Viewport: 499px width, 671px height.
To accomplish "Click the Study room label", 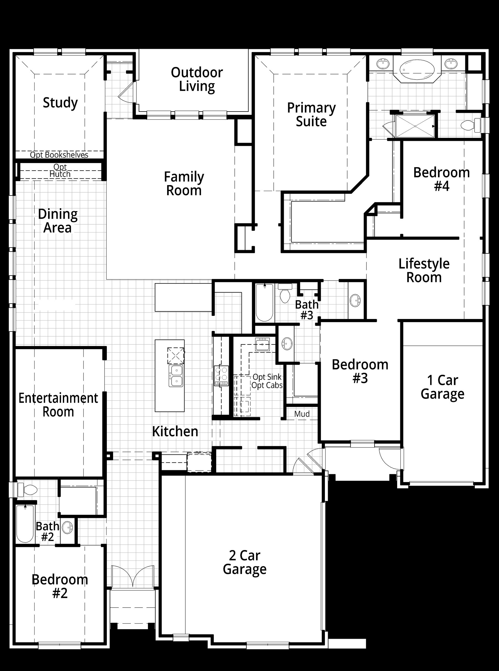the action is coord(60,103).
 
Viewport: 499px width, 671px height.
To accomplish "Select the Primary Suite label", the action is coord(311,115).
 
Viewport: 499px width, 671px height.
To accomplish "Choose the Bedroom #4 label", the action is coord(442,179).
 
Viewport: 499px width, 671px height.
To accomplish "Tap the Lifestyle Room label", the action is coord(424,270).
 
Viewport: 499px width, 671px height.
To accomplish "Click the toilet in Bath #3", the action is coord(285,293).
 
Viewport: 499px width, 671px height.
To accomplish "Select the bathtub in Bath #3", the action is coord(265,302).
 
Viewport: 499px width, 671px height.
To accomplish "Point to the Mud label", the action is coord(302,414).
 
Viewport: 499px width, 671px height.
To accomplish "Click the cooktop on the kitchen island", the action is coord(175,356).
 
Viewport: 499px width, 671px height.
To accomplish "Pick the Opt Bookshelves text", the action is coord(59,155).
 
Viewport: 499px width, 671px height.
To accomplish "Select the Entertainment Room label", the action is coord(58,405).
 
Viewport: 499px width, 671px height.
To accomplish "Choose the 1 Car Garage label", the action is coord(443,387).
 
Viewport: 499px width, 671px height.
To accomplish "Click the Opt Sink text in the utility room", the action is coord(267,377).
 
